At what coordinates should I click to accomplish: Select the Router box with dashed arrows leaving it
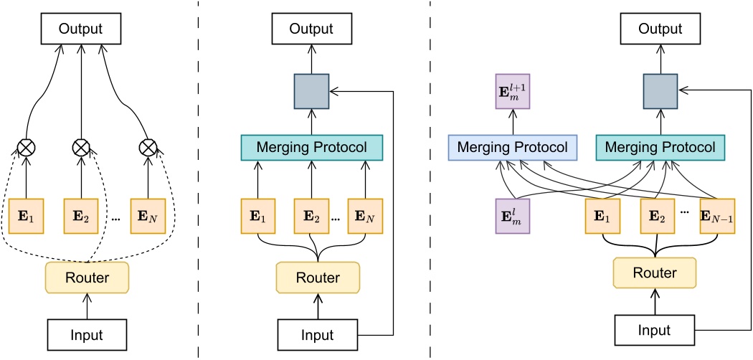88,277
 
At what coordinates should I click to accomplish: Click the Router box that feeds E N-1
655,272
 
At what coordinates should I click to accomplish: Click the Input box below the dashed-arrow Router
88,335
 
